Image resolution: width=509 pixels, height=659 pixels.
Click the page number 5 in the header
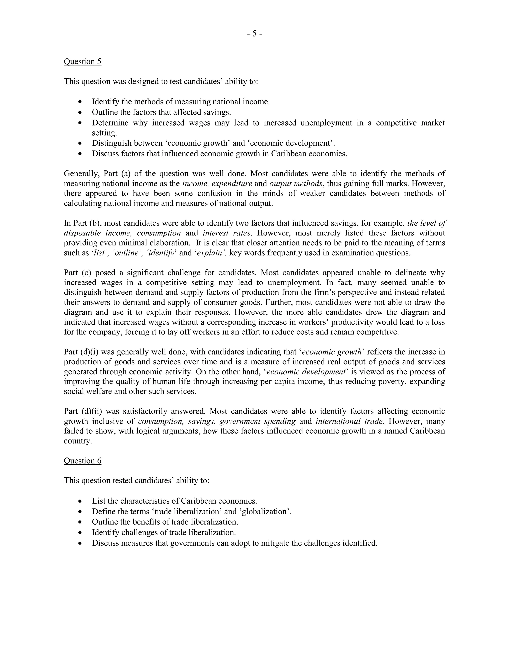(254, 34)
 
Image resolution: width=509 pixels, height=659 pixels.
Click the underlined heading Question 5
(82, 62)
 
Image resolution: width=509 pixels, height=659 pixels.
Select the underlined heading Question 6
(82, 461)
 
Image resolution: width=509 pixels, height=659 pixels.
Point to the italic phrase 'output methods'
(296, 184)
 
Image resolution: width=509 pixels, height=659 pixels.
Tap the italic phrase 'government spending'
(257, 421)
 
